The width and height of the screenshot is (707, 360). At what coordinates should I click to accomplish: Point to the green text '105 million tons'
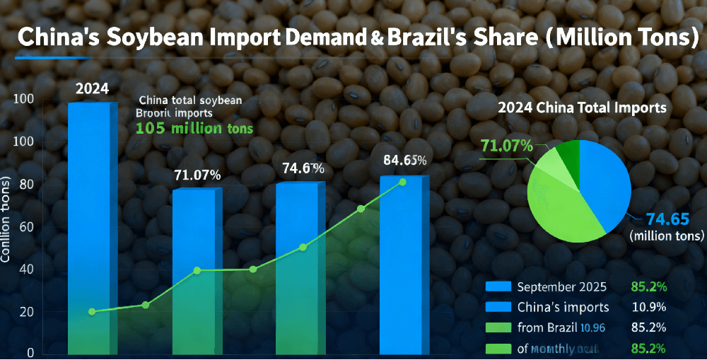(x=194, y=129)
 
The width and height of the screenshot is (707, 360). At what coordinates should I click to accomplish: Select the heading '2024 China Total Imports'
(x=582, y=108)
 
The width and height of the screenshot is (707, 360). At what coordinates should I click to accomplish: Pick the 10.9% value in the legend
(x=645, y=307)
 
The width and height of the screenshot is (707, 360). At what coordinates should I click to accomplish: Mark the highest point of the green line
(x=402, y=182)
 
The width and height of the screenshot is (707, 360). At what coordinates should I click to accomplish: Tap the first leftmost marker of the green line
(x=92, y=312)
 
